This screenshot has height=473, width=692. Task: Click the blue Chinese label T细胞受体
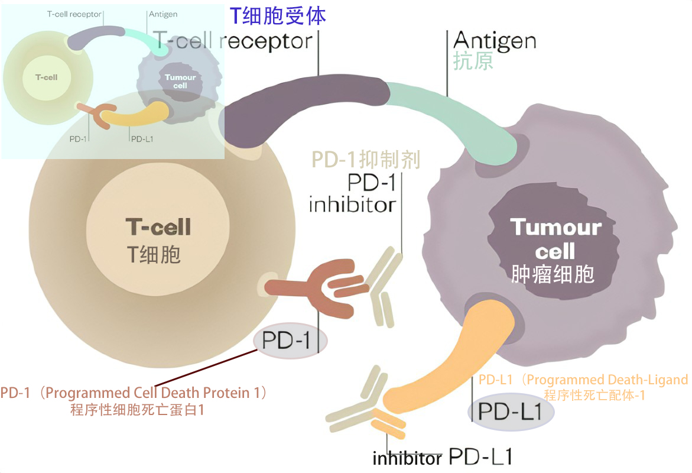(x=278, y=15)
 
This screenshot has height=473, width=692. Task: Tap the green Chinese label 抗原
(x=473, y=61)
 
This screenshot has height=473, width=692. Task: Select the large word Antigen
(x=495, y=41)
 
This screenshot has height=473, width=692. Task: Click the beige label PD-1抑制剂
(x=366, y=160)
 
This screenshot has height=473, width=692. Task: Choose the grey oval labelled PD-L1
(x=511, y=412)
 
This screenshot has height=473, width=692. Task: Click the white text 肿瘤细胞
(x=553, y=274)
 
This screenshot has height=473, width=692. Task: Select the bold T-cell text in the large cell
(x=158, y=226)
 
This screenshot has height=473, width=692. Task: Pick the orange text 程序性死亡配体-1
(x=594, y=396)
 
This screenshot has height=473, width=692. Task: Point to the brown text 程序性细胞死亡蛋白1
(x=137, y=409)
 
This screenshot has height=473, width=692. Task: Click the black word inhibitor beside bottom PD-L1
(x=407, y=459)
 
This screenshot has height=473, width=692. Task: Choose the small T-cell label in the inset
(x=47, y=77)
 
